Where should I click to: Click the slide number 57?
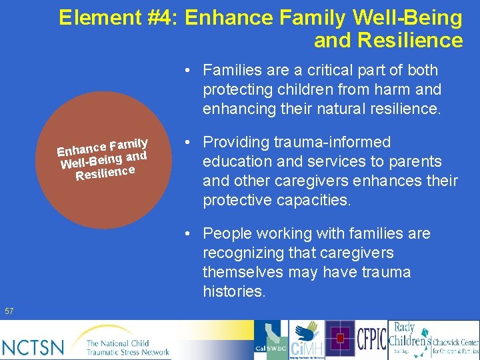(x=9, y=311)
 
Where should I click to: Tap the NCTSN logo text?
(x=33, y=347)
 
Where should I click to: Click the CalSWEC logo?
(x=271, y=340)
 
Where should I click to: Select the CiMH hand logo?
(x=307, y=339)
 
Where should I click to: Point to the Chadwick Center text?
(x=455, y=340)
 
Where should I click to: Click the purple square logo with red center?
(x=340, y=339)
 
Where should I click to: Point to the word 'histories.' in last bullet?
(x=234, y=291)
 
